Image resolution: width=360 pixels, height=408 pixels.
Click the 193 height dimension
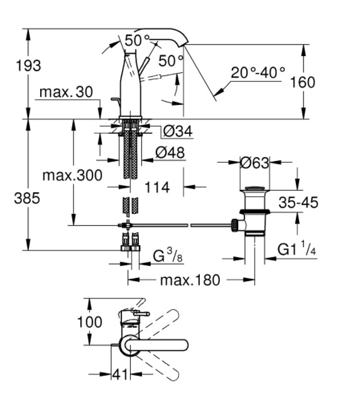[x=28, y=65]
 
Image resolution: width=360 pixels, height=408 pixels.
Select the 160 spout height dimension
[x=302, y=82]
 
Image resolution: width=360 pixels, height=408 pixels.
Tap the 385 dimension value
[x=27, y=198]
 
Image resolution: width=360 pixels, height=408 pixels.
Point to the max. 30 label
[x=66, y=92]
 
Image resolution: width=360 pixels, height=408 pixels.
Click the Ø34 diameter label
[x=178, y=131]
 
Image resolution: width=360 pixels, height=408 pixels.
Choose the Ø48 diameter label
[x=170, y=153]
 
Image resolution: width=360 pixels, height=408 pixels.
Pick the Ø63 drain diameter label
[x=254, y=163]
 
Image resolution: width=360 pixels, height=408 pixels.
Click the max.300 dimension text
[x=72, y=175]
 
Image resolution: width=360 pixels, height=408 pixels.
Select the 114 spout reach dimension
[x=157, y=187]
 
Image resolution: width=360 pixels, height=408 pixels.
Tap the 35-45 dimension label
[x=298, y=202]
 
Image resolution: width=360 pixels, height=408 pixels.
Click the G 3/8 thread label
[x=168, y=255]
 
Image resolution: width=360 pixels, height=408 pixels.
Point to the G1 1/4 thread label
[x=297, y=248]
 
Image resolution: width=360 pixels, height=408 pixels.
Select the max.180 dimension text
[x=190, y=280]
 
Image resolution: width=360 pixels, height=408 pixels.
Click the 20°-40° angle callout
[x=258, y=72]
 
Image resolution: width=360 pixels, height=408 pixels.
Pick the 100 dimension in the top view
[x=90, y=322]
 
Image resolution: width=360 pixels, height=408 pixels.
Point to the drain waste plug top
[x=255, y=188]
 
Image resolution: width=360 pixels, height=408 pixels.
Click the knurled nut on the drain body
[x=234, y=225]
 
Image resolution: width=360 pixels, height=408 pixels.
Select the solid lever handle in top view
[x=156, y=345]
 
